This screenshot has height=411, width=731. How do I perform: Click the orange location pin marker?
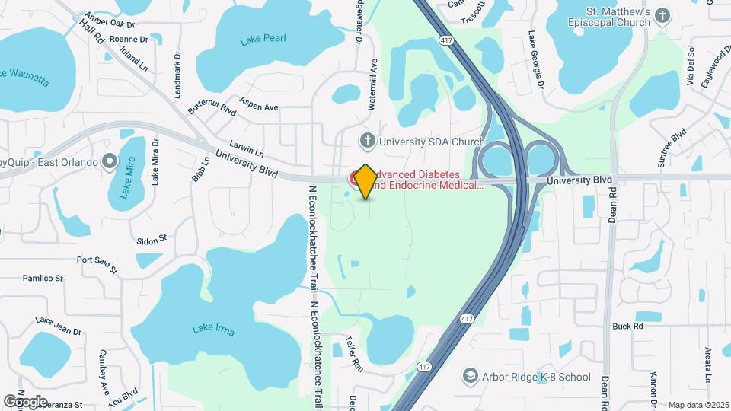click(365, 181)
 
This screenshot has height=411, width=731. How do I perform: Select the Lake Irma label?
click(213, 330)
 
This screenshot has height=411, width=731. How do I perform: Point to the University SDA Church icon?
click(368, 141)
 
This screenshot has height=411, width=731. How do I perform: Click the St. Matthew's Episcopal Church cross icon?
click(663, 16)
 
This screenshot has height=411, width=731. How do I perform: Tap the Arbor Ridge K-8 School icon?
click(471, 377)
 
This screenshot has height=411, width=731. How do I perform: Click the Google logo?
click(25, 401)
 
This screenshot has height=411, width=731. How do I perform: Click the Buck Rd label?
click(627, 326)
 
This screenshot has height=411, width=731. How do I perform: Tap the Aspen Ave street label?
click(259, 104)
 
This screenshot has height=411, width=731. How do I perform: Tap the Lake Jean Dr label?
click(58, 326)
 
